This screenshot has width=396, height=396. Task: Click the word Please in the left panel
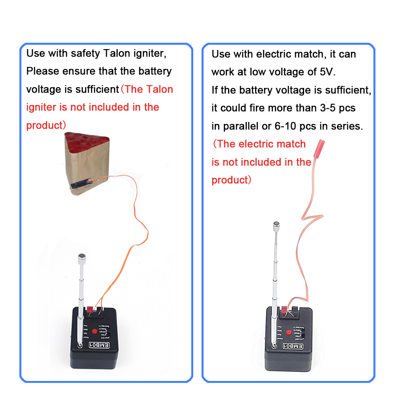pyautogui.click(x=42, y=72)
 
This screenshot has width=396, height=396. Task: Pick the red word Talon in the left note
pyautogui.click(x=160, y=89)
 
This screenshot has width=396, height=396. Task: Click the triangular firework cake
pyautogui.click(x=86, y=162)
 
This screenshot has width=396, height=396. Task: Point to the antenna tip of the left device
pyautogui.click(x=82, y=257)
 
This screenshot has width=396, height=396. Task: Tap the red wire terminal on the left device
pyautogui.click(x=91, y=309)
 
